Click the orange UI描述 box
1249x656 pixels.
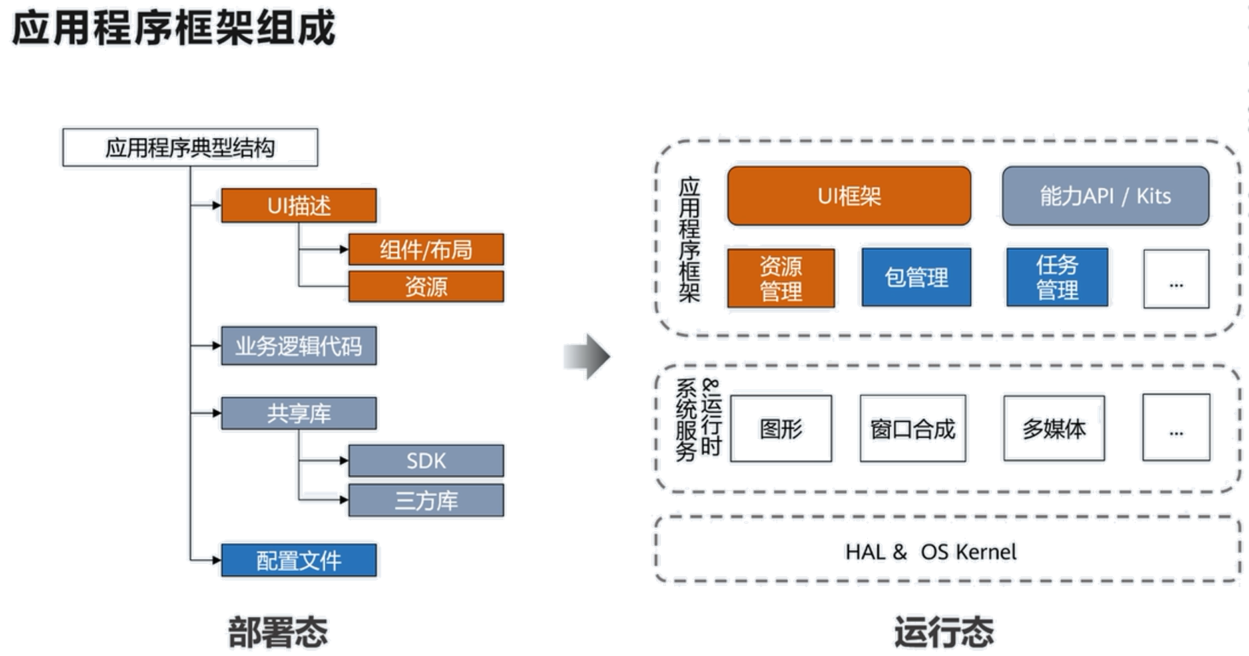(299, 206)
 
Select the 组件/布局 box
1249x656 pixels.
(426, 250)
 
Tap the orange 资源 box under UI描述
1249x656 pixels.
(426, 287)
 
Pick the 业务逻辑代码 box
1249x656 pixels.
(298, 346)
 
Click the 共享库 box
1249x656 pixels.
(298, 414)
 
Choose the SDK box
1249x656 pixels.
(426, 460)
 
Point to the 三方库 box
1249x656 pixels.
(426, 500)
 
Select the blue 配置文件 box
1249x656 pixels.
(299, 560)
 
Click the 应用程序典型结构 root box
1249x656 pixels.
(190, 148)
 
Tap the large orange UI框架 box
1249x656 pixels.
(849, 196)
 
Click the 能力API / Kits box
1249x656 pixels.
(1105, 196)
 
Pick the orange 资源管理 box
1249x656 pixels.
(780, 279)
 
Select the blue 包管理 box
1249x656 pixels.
(915, 278)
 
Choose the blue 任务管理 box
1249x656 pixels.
(1057, 278)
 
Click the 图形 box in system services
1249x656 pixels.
(781, 429)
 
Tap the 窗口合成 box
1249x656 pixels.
(913, 429)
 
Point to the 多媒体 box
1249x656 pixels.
(1054, 429)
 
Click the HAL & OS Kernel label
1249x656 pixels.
(931, 552)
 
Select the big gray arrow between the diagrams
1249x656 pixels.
(587, 356)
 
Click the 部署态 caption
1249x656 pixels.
(278, 631)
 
